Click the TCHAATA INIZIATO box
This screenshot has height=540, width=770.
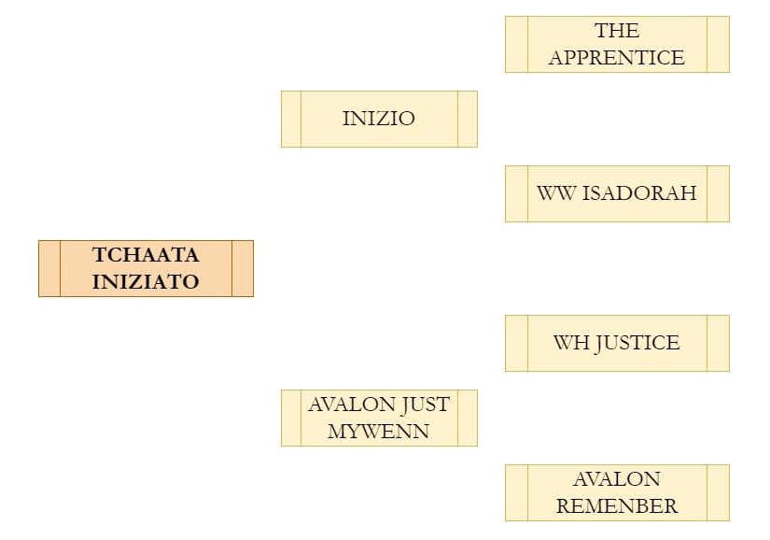(x=146, y=268)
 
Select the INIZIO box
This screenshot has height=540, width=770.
(x=379, y=119)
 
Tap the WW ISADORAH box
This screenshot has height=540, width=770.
(x=617, y=193)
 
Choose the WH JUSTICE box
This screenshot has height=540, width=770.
(x=617, y=343)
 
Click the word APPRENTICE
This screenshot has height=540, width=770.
(x=617, y=58)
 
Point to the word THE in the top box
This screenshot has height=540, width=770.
(x=617, y=31)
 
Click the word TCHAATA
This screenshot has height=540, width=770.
(x=146, y=255)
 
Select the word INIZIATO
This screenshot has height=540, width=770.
(x=146, y=281)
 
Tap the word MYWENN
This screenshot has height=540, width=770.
(x=379, y=432)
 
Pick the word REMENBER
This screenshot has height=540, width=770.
(x=617, y=506)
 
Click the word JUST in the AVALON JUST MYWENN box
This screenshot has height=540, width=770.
(x=426, y=405)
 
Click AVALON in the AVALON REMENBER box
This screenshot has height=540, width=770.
(x=617, y=479)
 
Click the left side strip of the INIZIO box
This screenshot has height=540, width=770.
(x=291, y=119)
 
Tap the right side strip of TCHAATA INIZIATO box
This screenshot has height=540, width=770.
(x=243, y=268)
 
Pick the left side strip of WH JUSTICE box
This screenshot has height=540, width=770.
(x=516, y=343)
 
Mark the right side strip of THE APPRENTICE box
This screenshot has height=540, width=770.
(x=718, y=44)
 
